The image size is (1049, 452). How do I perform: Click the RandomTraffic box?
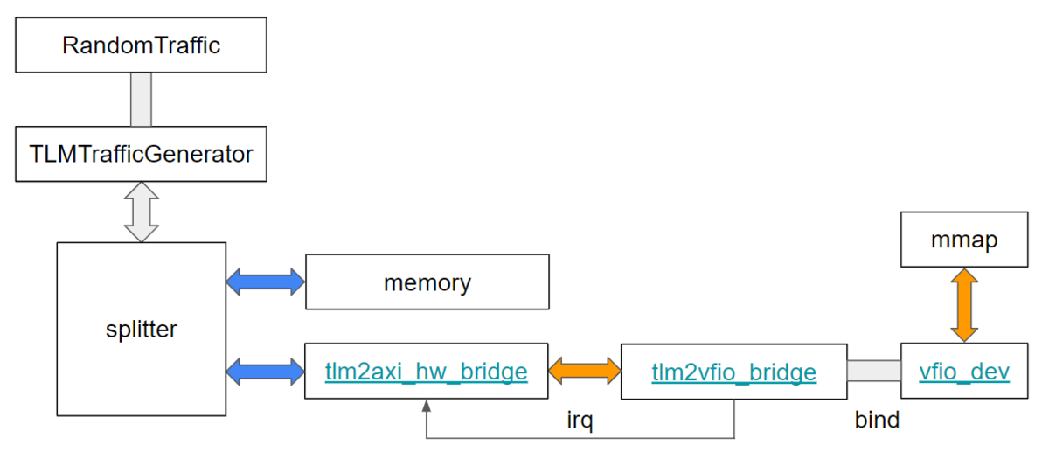[141, 45]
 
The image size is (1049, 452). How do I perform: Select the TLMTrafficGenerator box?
[141, 155]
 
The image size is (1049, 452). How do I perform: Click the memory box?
[427, 282]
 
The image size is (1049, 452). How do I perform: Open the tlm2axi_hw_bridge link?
[427, 372]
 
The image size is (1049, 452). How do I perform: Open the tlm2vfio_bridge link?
[733, 372]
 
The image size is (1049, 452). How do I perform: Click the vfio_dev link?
[964, 372]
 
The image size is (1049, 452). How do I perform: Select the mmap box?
[964, 240]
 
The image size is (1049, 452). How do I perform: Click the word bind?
[877, 420]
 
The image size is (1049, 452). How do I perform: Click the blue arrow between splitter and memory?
[265, 282]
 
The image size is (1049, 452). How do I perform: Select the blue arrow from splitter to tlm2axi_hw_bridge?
[265, 372]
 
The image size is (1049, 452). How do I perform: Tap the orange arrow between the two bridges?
[584, 372]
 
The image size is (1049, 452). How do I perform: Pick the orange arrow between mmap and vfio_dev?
[964, 304]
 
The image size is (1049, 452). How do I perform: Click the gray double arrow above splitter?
[141, 212]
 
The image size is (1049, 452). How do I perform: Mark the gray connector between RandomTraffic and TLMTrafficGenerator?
[141, 100]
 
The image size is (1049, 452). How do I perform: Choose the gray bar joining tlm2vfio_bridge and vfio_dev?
[873, 372]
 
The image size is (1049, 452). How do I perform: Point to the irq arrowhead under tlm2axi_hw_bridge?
[426, 406]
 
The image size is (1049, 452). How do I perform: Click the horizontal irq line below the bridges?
[577, 437]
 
